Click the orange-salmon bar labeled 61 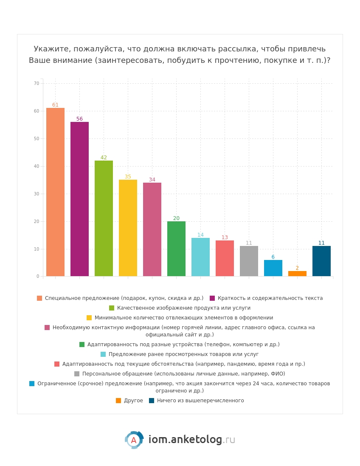point(55,192)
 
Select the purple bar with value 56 point(80,199)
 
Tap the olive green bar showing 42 point(104,218)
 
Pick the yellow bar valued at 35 point(128,228)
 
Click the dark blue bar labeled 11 point(321,261)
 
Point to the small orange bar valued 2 point(297,274)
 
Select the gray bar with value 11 point(249,261)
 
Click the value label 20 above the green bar point(177,218)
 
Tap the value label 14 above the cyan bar point(200,235)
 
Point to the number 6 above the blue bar point(273,257)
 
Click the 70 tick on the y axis point(37,84)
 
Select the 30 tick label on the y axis point(37,194)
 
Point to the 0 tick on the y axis point(38,277)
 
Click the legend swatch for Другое point(118,401)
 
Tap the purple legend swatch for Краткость point(212,298)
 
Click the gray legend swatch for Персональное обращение point(77,374)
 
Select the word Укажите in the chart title point(52,49)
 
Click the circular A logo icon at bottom point(134,440)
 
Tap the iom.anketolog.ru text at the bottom point(192,439)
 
